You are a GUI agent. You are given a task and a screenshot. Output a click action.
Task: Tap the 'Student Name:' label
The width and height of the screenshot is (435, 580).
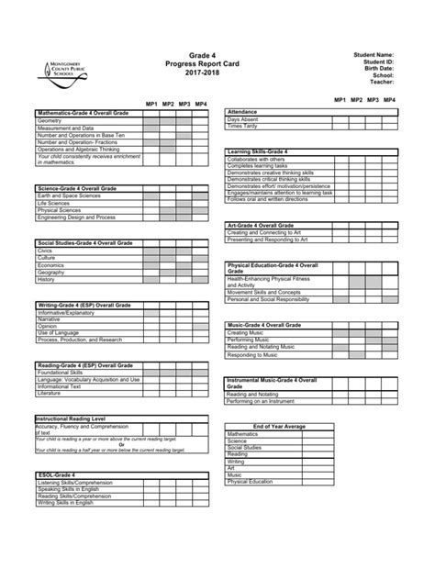[x=374, y=55]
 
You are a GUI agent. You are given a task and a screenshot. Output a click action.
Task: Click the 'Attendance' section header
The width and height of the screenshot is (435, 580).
[x=243, y=111]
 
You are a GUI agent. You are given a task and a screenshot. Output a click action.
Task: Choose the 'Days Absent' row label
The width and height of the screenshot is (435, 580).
[x=245, y=119]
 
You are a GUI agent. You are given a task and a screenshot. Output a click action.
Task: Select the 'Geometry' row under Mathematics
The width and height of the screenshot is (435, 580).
[x=50, y=120]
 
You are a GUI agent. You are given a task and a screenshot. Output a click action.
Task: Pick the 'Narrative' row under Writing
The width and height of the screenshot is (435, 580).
[x=50, y=318]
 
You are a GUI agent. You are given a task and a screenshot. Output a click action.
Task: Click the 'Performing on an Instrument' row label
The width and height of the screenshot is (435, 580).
[x=267, y=400]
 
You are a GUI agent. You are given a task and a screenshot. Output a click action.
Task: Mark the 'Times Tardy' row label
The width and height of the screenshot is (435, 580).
[x=244, y=127]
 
